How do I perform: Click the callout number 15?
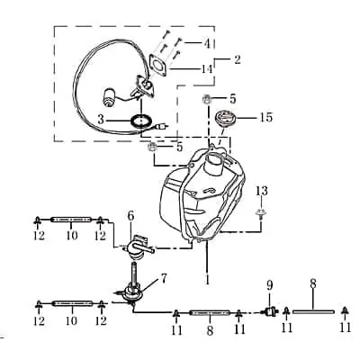266,117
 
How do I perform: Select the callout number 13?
261,191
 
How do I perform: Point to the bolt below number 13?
261,213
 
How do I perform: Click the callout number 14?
206,69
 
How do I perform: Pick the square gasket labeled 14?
158,65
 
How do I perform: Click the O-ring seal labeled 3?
140,121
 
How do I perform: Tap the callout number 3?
101,120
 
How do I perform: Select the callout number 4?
207,43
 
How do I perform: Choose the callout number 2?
237,59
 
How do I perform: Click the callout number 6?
130,215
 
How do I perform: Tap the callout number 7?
163,279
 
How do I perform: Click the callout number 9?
269,285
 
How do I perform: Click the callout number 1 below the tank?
207,279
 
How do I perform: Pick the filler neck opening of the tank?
214,157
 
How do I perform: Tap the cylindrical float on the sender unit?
109,97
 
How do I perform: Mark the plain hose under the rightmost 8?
313,311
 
